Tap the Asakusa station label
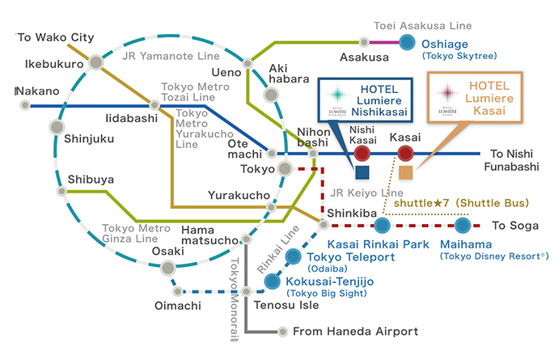pyautogui.click(x=365, y=57)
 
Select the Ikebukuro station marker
pyautogui.click(x=96, y=61)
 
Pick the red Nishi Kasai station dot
pyautogui.click(x=362, y=153)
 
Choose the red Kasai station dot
pyautogui.click(x=405, y=153)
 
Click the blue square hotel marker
pyautogui.click(x=362, y=172)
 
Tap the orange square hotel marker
pyautogui.click(x=405, y=172)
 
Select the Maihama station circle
pyautogui.click(x=462, y=225)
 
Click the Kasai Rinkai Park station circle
pyautogui.click(x=382, y=225)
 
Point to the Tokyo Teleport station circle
pyautogui.click(x=294, y=258)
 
